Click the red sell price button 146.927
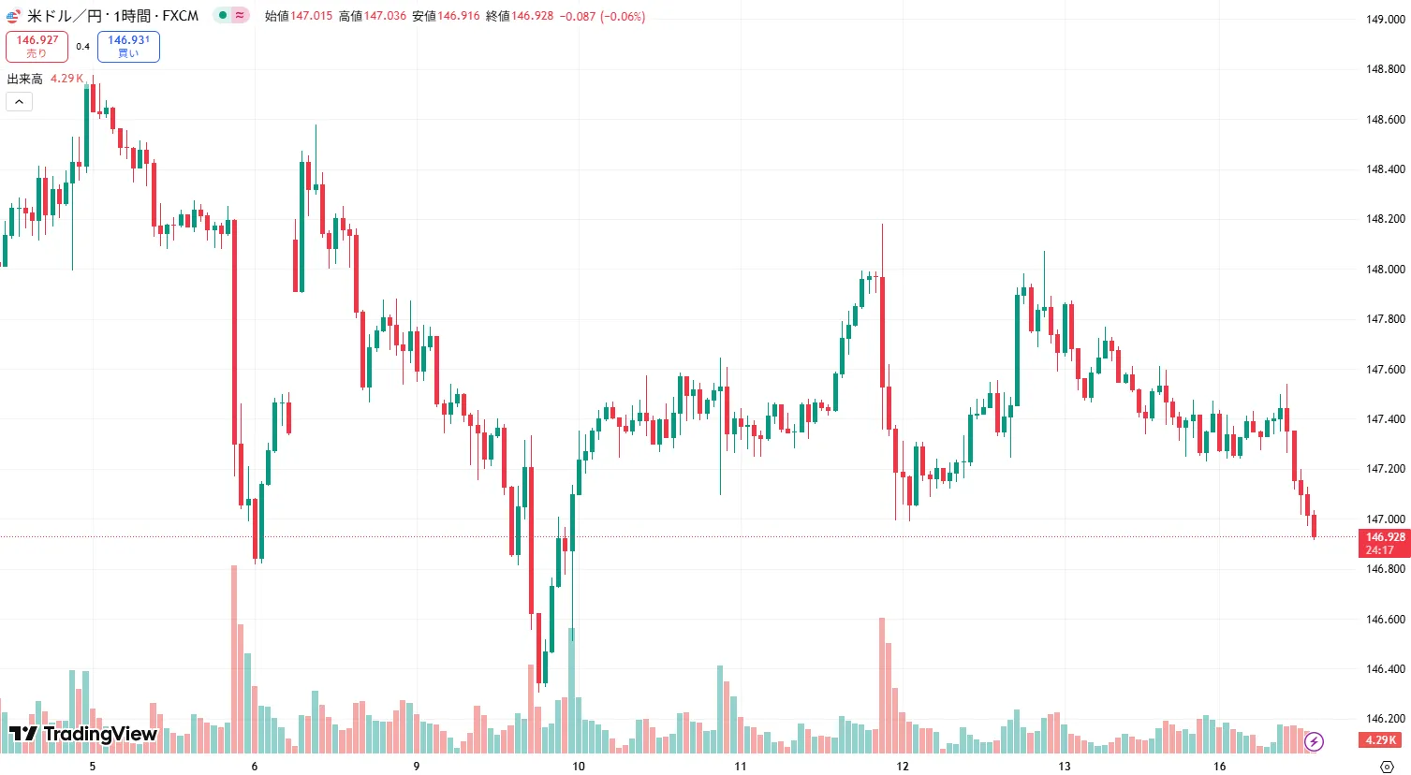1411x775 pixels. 37,46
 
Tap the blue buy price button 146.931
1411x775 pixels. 128,46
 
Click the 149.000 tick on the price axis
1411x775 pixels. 1385,20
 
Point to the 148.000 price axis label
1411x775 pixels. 1385,270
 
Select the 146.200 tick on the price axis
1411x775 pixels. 1385,719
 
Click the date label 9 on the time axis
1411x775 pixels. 417,766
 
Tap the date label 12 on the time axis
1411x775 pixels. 902,766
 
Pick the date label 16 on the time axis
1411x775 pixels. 1219,766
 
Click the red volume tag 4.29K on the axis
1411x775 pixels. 1380,740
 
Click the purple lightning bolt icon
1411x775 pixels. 1314,741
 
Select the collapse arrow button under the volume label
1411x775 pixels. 20,101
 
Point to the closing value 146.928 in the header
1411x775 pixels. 532,16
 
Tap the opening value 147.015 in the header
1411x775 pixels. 311,16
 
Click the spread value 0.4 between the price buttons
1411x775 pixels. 83,46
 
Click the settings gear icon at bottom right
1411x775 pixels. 1387,766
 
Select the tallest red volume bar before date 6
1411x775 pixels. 234,655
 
